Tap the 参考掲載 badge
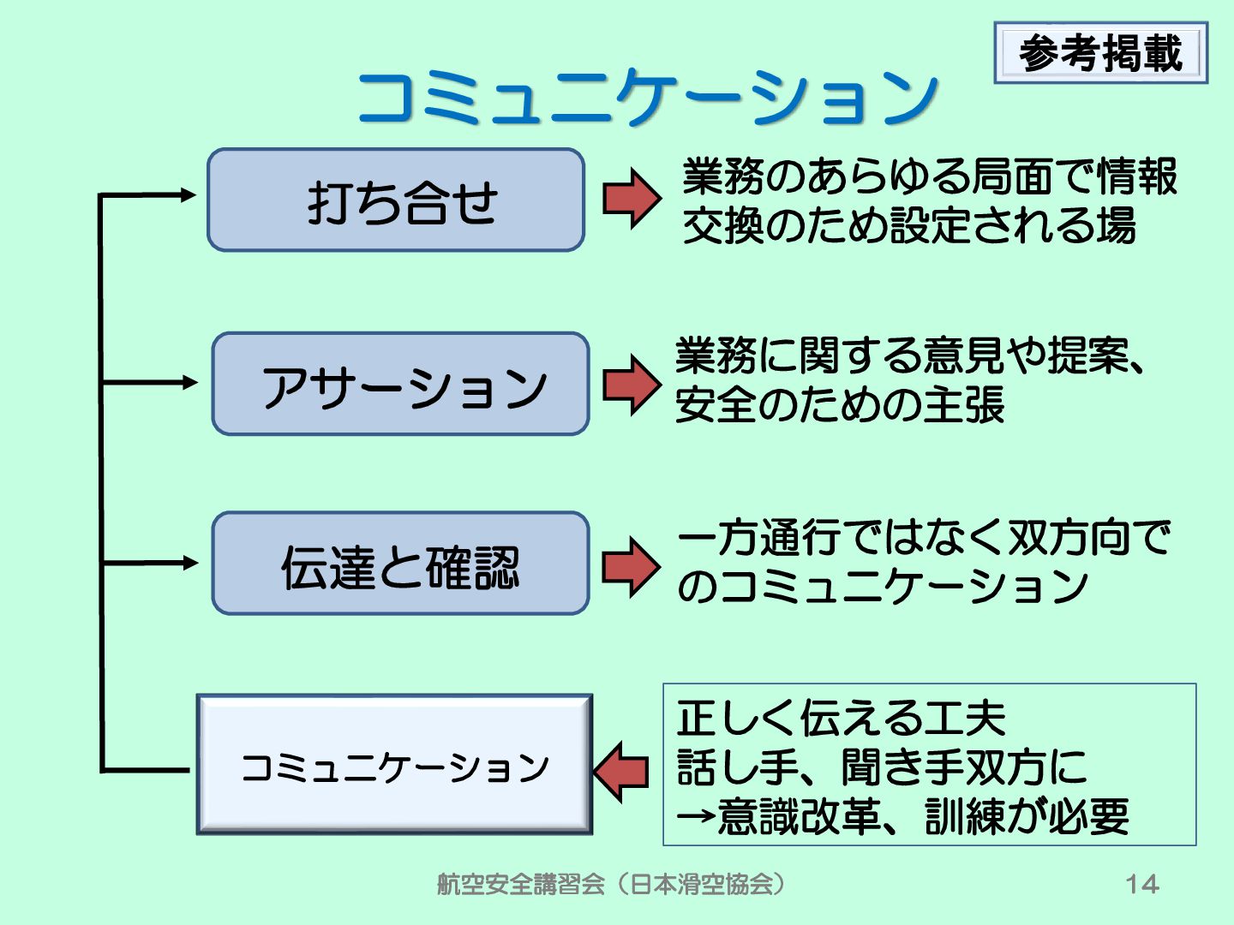pos(1100,53)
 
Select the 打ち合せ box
pos(396,200)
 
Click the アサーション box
pos(401,385)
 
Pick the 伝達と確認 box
pos(401,564)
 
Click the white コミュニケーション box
pos(395,765)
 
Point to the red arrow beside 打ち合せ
pos(632,199)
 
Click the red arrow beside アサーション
pos(632,385)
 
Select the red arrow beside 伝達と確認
pos(632,566)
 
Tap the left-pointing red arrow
pos(621,772)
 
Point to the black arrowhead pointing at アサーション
pos(190,382)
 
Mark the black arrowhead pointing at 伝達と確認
pos(190,563)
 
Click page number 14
pos(1141,884)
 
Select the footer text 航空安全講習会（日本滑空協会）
pos(611,884)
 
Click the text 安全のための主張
pos(839,405)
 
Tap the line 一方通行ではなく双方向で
pos(924,538)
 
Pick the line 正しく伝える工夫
pos(841,718)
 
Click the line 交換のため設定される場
pos(909,225)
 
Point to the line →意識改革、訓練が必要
pos(903,816)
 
